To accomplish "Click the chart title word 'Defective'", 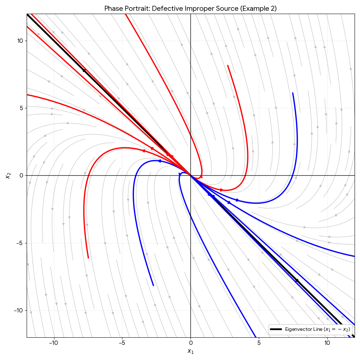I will tap(167, 9).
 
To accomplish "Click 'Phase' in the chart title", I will tap(112, 9).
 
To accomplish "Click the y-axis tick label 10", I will tap(19, 41).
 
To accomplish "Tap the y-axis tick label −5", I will tap(19, 243).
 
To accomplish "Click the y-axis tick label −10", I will tap(18, 310).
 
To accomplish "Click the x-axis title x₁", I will tap(190, 351).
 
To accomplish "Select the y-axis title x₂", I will tap(8, 175).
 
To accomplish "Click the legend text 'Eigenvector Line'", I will tap(303, 329).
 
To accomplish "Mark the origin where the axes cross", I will tap(190, 175).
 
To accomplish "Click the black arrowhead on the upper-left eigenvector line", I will tap(84, 70).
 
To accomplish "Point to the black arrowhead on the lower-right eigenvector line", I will tap(297, 280).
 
